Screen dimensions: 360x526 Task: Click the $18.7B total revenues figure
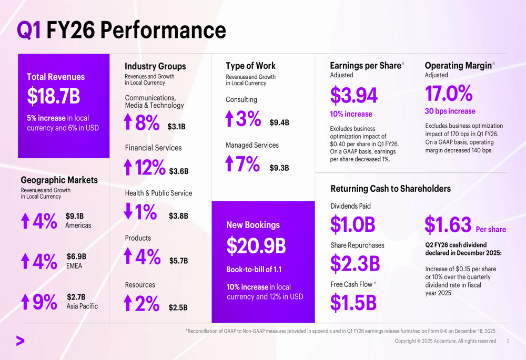tap(53, 97)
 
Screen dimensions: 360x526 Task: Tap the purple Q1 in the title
tap(28, 30)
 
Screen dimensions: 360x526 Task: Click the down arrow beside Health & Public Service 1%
tap(128, 211)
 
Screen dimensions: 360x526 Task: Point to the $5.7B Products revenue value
tap(178, 261)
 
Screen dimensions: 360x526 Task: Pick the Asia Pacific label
tap(82, 306)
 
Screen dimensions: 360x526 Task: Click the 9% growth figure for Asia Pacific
tap(44, 302)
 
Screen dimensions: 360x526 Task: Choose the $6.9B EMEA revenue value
tap(76, 256)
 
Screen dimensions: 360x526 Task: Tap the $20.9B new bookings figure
tap(256, 246)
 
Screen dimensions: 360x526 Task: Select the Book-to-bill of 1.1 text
tap(254, 270)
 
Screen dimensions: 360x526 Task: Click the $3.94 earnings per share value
tap(353, 96)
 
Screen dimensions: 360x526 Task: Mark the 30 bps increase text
tap(450, 111)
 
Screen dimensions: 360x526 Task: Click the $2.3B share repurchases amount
tap(355, 264)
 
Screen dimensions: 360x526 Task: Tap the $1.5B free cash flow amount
tap(353, 303)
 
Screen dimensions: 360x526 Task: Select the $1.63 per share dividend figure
tap(448, 225)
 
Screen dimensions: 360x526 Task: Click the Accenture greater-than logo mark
tap(20, 341)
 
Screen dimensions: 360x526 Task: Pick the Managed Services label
tap(252, 145)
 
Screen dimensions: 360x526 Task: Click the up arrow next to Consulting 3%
tap(229, 119)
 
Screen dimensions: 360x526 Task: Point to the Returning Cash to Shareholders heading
tap(390, 189)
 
